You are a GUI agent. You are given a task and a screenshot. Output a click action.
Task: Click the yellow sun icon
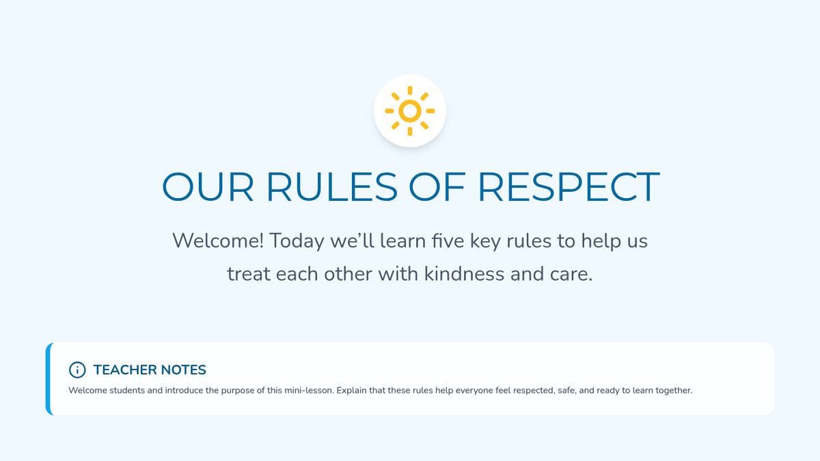409,111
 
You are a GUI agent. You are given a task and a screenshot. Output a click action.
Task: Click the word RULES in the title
331,187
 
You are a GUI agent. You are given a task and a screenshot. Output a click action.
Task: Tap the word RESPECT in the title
569,187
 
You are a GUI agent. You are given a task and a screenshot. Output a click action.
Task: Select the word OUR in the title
208,187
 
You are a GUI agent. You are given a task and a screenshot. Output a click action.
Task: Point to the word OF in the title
437,187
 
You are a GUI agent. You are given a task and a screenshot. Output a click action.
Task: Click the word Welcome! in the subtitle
218,240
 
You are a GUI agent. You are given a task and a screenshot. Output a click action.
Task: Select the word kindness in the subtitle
464,274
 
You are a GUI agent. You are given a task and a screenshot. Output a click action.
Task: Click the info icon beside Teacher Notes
77,370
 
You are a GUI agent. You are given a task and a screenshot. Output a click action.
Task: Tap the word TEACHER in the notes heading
124,370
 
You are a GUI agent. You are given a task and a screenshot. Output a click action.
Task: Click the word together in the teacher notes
674,391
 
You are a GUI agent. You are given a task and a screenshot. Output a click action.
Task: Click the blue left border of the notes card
49,379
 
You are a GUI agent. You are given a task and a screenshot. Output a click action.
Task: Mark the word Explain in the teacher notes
351,391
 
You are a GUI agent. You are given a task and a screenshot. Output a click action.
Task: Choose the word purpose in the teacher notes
237,391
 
